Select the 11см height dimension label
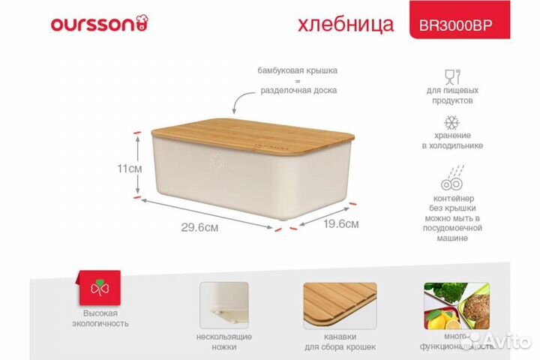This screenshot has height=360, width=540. tap(130, 168)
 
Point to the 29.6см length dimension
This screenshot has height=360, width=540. tap(199, 228)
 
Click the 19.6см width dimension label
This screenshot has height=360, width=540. tap(340, 223)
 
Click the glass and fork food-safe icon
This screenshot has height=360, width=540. tap(451, 77)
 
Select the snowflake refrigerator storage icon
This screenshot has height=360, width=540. tap(451, 124)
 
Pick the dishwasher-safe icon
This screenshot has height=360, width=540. tap(451, 181)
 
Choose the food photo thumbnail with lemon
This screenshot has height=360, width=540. tap(456, 307)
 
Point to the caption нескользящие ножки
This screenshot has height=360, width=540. tap(223, 341)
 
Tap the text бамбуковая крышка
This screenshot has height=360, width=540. tap(298, 70)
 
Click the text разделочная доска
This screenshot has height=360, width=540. tap(298, 90)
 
